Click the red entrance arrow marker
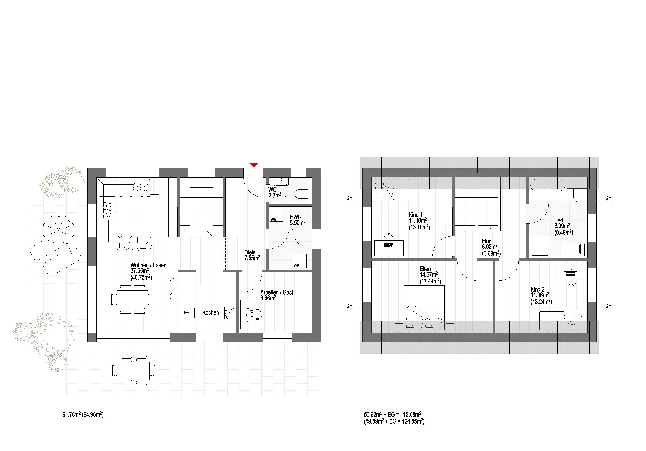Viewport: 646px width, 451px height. [254, 165]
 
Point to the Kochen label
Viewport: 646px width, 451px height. [210, 312]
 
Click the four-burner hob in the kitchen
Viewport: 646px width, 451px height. [230, 313]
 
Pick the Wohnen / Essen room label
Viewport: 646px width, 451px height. [148, 265]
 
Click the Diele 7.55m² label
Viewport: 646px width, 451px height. [252, 255]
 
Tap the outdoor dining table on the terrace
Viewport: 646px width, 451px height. [134, 371]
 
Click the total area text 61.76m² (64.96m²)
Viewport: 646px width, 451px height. [83, 414]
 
